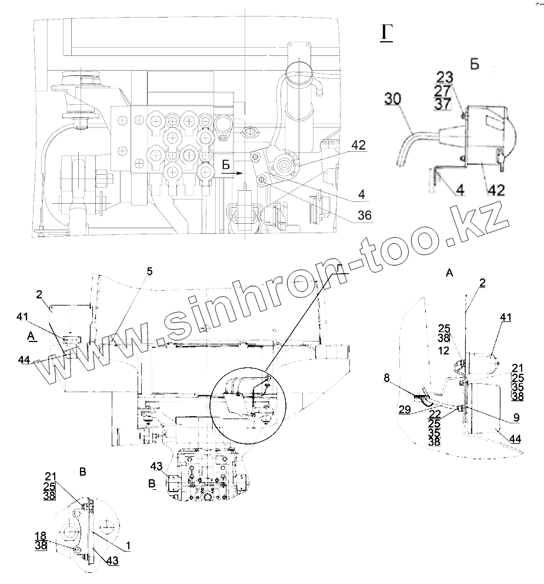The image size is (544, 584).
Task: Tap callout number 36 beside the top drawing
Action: [365, 216]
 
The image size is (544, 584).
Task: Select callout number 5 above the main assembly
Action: [149, 271]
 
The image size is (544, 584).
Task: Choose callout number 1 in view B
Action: [128, 546]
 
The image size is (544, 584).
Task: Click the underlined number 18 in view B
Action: [41, 536]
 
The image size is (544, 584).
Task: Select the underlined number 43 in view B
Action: [112, 562]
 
